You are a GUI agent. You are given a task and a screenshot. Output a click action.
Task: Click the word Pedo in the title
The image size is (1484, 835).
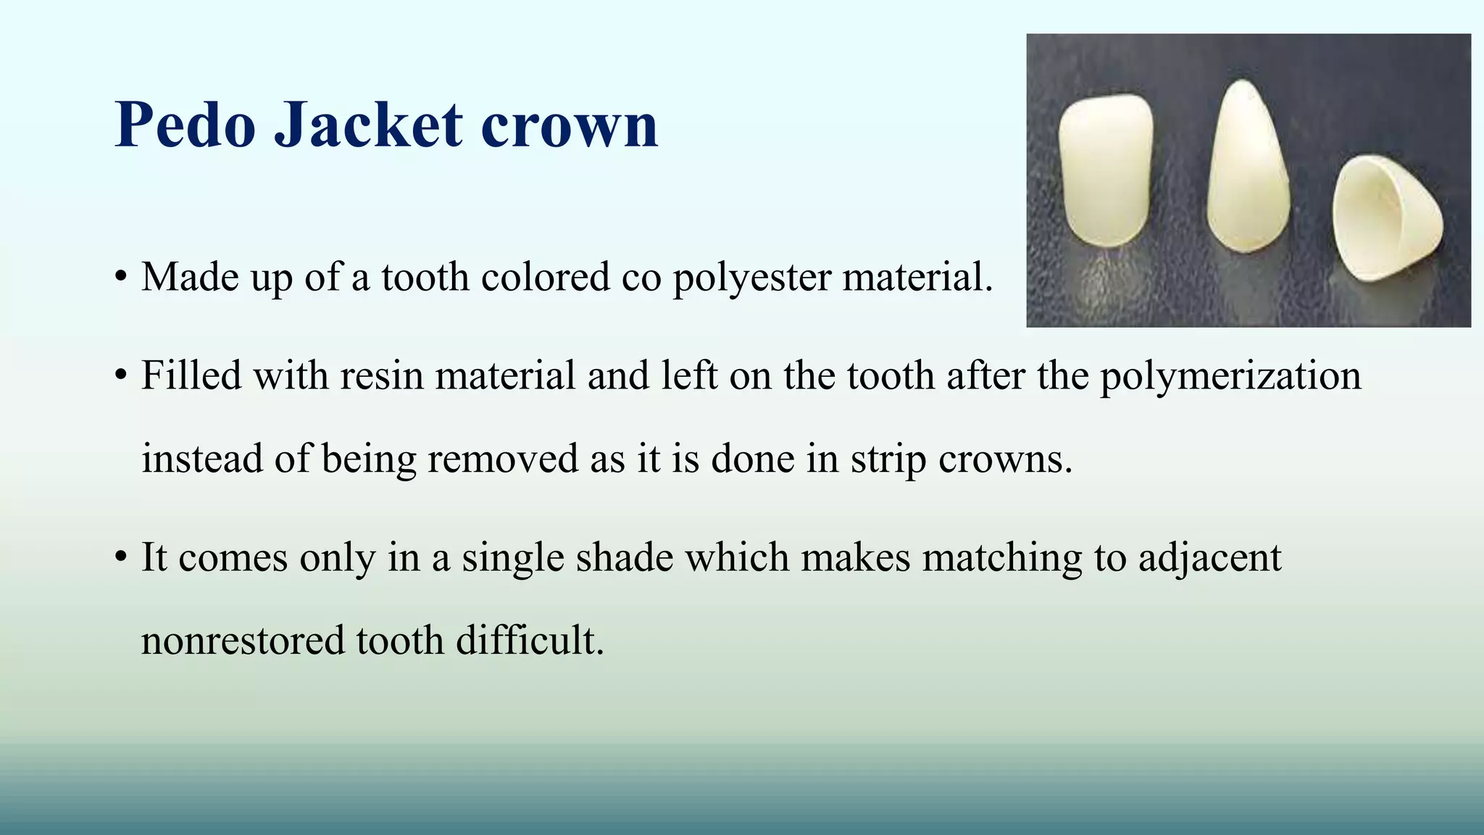(x=185, y=125)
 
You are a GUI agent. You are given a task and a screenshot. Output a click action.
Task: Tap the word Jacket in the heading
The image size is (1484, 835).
(x=368, y=125)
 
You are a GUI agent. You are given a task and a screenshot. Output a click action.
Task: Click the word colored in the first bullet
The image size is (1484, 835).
(x=545, y=277)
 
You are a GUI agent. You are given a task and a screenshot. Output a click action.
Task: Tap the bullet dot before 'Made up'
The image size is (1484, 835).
(x=121, y=278)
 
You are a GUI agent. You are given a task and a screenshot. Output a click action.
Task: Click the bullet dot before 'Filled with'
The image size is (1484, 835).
(x=121, y=375)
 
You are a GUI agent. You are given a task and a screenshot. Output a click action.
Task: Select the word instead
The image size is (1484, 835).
(x=201, y=458)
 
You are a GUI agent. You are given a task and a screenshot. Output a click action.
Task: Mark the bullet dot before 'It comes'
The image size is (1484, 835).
(x=121, y=557)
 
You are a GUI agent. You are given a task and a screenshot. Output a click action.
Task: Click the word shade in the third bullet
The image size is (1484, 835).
(x=624, y=557)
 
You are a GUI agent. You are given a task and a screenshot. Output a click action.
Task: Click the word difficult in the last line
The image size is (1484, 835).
(x=529, y=641)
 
